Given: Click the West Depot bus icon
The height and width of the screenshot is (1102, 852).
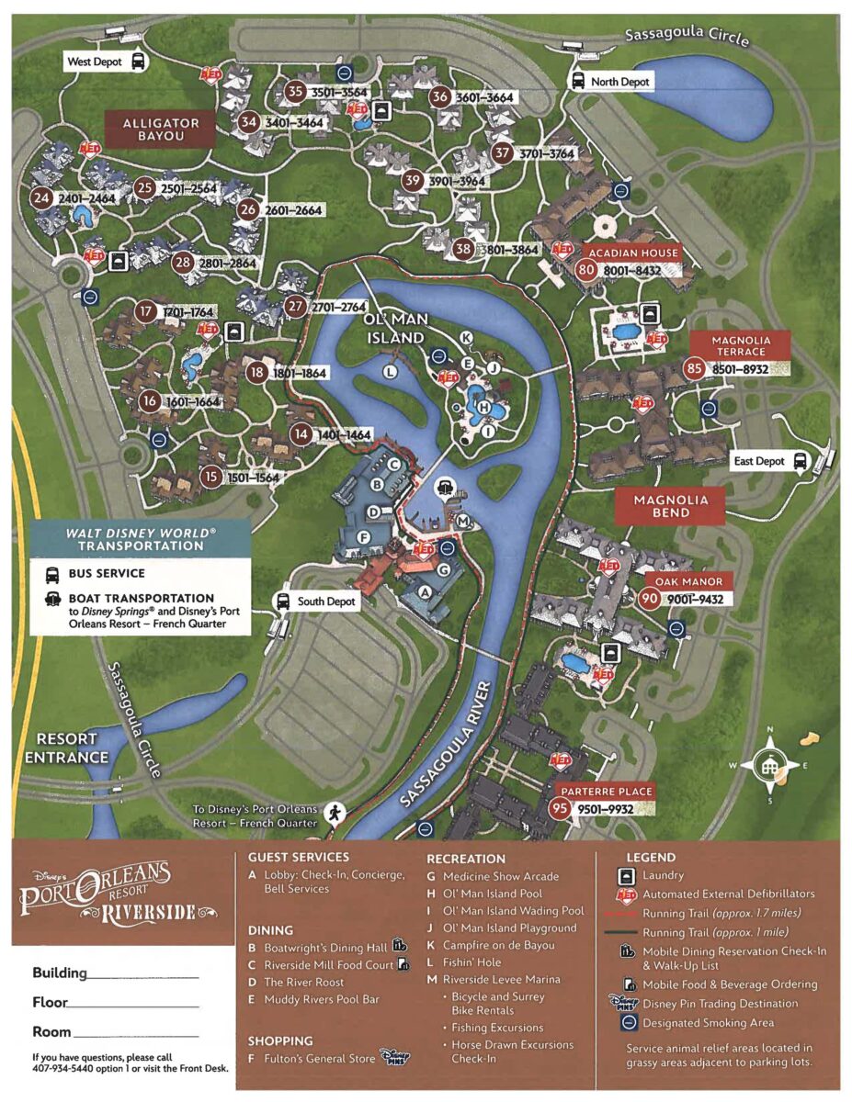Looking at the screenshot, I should pos(138,62).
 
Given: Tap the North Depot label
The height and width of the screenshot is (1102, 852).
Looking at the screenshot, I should pos(619,82).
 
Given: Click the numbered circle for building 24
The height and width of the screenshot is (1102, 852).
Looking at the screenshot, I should pos(40,197).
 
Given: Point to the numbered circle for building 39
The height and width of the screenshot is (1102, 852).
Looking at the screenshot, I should pos(413,181).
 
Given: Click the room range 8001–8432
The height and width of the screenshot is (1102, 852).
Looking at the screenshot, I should pos(632,271).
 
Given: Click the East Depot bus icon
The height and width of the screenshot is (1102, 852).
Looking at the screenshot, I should pos(801,460).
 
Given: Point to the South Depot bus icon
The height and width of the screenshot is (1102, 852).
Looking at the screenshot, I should pos(283,602).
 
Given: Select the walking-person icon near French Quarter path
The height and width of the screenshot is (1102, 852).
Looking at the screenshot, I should pos(335,813).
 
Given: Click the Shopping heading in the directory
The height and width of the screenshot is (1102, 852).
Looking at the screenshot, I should pos(280,1040).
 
